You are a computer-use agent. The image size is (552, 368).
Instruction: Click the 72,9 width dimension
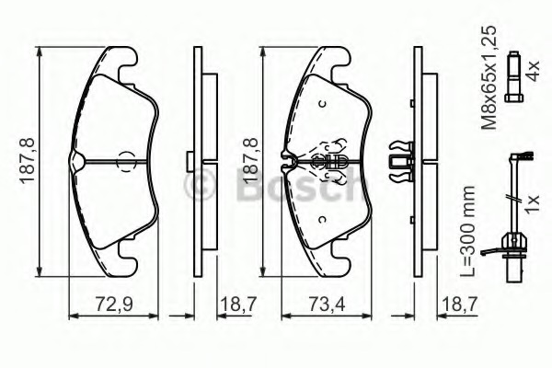[114, 305]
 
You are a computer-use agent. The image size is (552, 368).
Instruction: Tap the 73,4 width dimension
[327, 305]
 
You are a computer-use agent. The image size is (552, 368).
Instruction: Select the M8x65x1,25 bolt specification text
[489, 77]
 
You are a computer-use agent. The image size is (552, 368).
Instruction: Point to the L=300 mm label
[468, 231]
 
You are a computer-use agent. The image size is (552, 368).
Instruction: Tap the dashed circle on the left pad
[126, 161]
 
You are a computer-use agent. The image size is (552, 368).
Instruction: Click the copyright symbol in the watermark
[200, 184]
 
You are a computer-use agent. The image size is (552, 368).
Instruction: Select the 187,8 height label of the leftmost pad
[28, 161]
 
